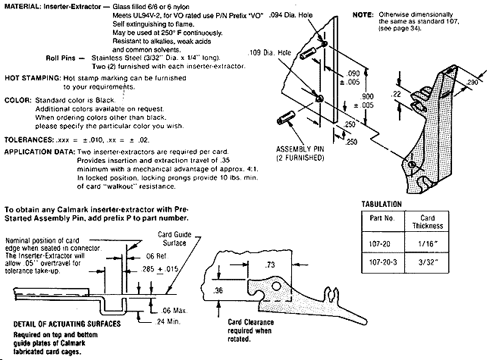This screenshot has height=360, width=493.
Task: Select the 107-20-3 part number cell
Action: tap(383, 262)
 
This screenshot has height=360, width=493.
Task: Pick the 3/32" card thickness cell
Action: tap(427, 262)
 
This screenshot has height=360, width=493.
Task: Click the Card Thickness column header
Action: tap(427, 222)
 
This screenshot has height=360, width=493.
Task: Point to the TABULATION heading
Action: tap(382, 204)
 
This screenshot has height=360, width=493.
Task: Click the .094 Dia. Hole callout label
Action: tap(290, 14)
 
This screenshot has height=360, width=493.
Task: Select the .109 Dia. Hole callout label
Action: tap(269, 53)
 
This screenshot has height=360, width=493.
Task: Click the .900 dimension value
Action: tap(366, 96)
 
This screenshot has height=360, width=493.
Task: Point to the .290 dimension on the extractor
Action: tap(472, 83)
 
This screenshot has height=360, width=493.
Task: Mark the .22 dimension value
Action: tap(396, 94)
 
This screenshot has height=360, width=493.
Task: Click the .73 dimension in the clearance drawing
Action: tap(270, 265)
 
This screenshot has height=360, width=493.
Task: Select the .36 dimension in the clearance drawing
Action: tap(218, 290)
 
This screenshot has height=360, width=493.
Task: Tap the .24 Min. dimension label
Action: tap(168, 321)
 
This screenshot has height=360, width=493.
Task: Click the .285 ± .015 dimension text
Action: tap(160, 269)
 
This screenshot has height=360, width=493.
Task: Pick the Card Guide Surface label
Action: tap(174, 239)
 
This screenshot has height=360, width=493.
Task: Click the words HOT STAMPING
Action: tap(33, 78)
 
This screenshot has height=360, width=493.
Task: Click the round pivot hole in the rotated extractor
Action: tap(276, 286)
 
